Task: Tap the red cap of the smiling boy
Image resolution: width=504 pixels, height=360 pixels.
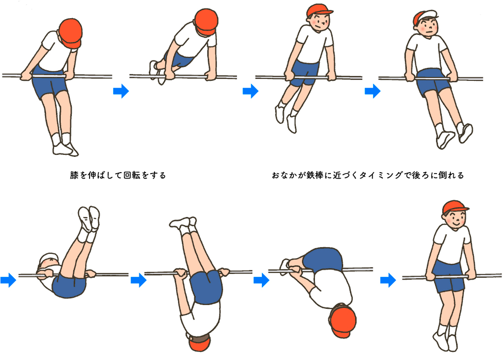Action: [x=454, y=207]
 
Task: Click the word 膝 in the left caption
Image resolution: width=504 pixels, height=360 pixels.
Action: [x=74, y=176]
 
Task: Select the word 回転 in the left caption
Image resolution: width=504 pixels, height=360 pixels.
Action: [x=131, y=176]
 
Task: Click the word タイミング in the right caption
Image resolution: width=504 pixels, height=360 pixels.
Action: [x=380, y=176]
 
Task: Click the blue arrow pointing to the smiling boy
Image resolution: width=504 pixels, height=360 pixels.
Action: [x=388, y=280]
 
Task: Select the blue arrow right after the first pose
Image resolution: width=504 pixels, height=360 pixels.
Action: [x=121, y=91]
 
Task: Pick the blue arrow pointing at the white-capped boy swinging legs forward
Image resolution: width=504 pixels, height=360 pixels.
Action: [x=373, y=91]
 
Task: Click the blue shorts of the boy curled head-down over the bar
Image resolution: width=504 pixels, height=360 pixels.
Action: [x=322, y=260]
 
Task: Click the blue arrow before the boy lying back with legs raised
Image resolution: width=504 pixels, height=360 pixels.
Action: [x=8, y=280]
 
